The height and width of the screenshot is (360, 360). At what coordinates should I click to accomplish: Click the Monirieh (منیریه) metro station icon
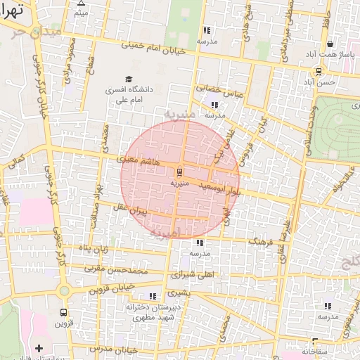pos(180,171)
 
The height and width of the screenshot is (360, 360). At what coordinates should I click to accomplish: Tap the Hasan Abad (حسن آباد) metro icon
pos(319,71)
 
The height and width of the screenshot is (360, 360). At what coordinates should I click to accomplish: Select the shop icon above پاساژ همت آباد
pos(330,44)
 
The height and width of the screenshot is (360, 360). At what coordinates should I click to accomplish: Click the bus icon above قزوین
pos(64,311)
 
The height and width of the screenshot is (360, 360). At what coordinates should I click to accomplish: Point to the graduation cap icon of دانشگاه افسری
pos(128,79)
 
